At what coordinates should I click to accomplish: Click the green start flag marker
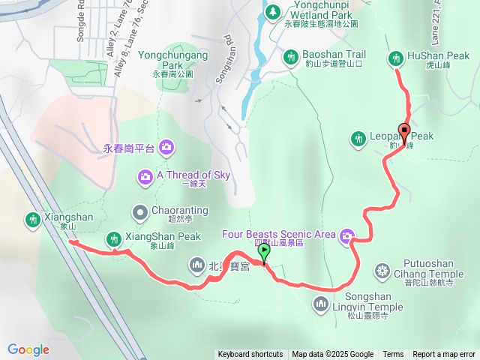coord(264,254)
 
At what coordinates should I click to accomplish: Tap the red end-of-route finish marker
coord(404,133)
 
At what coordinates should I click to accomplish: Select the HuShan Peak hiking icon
coord(395,57)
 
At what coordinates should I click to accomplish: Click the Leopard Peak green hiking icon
coord(357,137)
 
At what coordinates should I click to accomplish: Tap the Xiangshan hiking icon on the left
coord(32,219)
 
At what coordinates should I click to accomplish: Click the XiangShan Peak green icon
coord(113,238)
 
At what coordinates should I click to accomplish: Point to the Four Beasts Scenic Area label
coord(279,235)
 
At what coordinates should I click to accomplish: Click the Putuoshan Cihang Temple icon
coord(382,270)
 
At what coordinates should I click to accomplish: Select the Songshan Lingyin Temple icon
coord(320,303)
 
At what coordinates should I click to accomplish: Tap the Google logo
coord(28,350)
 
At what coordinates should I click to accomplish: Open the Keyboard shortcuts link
coord(250,355)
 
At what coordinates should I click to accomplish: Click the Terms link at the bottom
coord(393,355)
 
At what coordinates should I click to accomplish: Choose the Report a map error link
coord(444,355)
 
